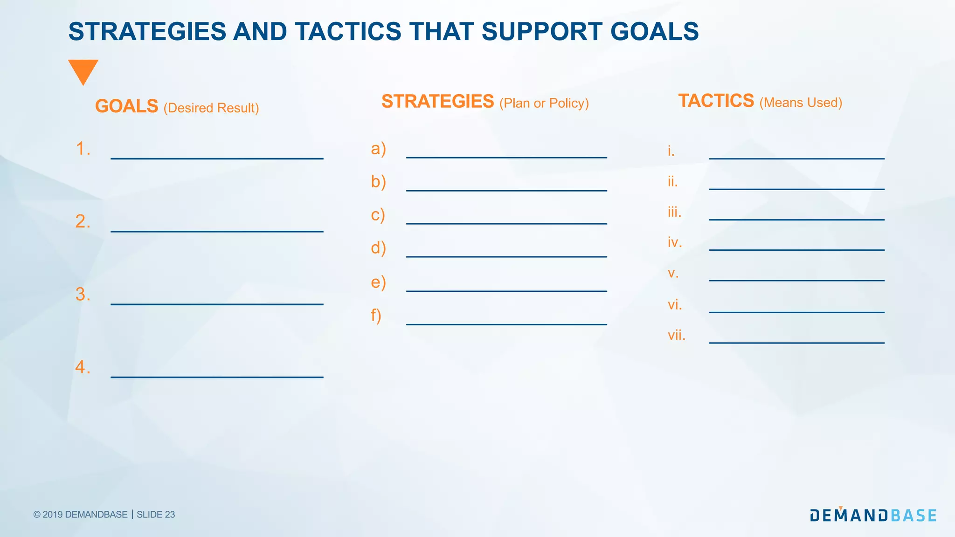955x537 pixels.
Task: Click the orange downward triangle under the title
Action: click(x=83, y=70)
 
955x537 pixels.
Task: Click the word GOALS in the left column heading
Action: click(x=126, y=106)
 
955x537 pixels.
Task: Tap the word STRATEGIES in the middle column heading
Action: click(x=437, y=102)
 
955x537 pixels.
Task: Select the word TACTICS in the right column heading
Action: click(x=716, y=101)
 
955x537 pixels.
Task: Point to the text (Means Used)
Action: click(x=801, y=103)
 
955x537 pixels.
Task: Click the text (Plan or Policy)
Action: click(x=544, y=103)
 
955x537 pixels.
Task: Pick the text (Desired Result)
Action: click(x=211, y=108)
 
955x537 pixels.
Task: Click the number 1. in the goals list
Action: click(x=83, y=149)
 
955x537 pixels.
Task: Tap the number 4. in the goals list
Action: click(x=83, y=367)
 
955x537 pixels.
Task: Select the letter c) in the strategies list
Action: click(x=378, y=215)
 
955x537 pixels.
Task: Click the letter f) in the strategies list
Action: click(x=376, y=316)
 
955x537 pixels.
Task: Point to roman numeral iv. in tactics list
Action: click(x=674, y=242)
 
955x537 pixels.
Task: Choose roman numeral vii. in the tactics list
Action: click(x=676, y=335)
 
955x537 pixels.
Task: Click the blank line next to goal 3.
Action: click(x=217, y=304)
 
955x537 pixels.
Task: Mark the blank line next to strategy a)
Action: click(x=506, y=157)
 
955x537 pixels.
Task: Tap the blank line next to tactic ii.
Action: click(x=796, y=189)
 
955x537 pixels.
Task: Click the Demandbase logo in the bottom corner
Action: click(x=873, y=515)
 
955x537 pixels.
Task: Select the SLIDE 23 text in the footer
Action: click(x=156, y=515)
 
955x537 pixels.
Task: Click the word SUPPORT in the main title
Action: click(x=541, y=32)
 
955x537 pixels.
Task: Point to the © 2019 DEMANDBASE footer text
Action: click(x=80, y=515)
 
